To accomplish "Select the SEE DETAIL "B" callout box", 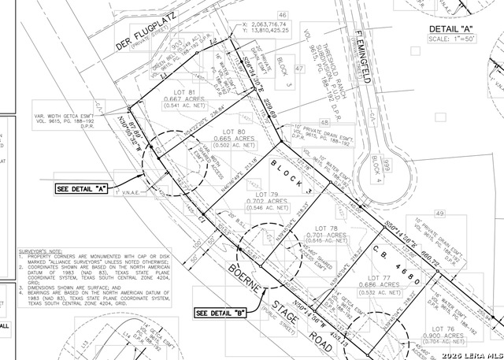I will point(221,313).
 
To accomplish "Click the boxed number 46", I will point(283,15).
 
